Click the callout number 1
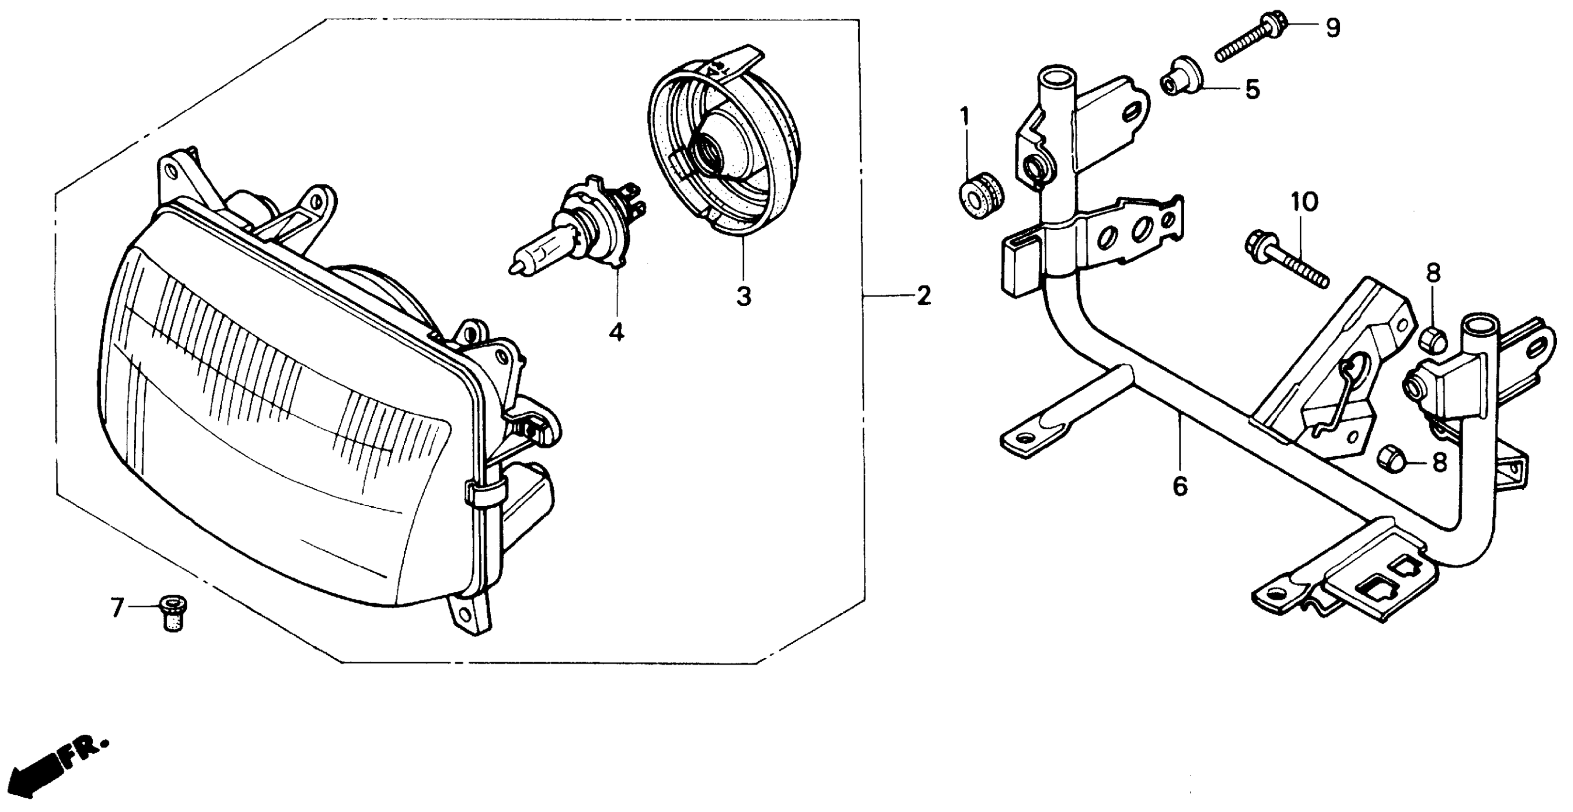click(x=965, y=116)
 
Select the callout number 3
click(x=743, y=297)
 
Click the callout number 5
click(x=1252, y=90)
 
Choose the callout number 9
click(x=1332, y=28)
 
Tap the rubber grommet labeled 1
click(x=979, y=197)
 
